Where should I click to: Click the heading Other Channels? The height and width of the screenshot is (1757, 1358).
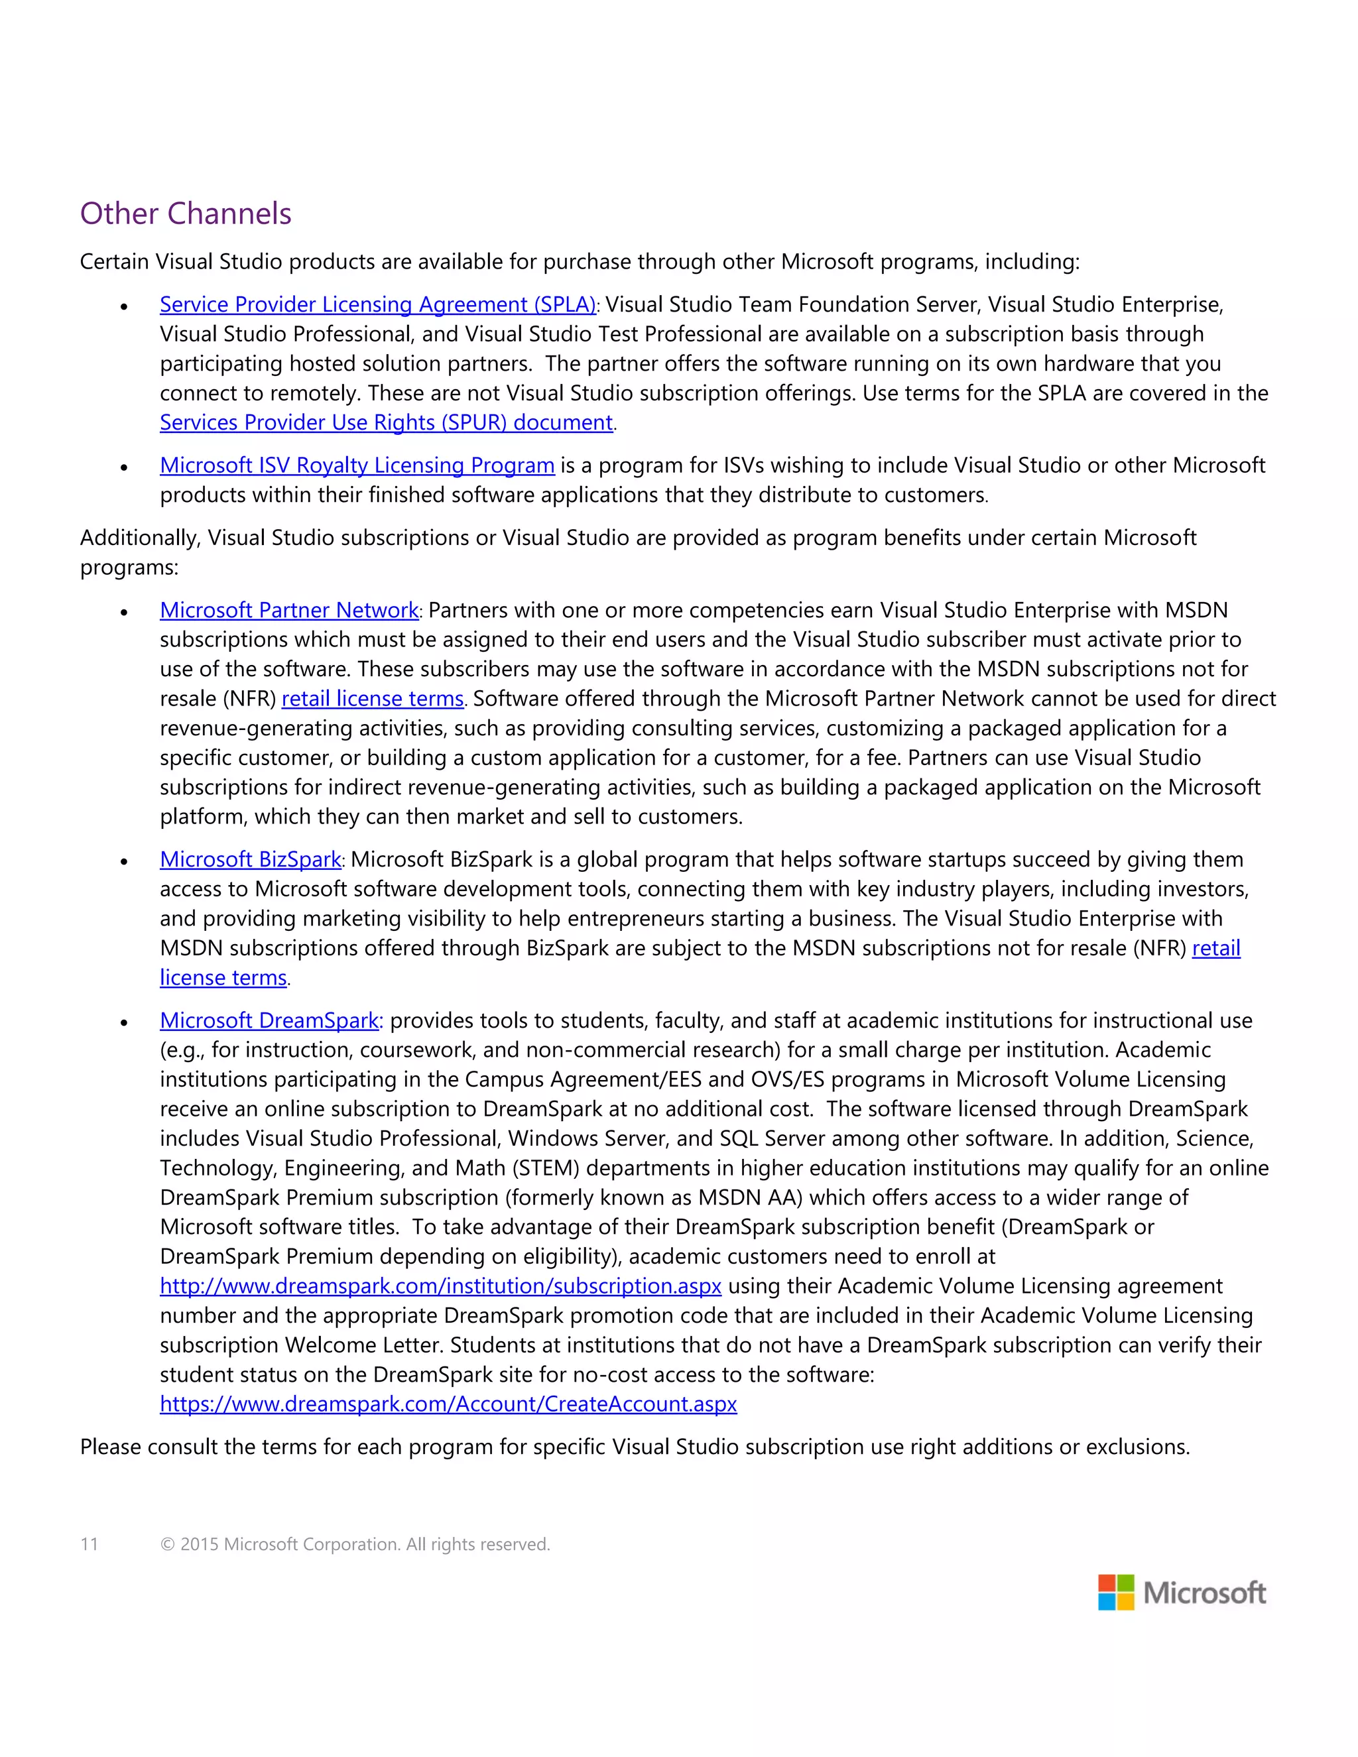186,214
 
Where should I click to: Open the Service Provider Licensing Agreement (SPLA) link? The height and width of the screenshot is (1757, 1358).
377,305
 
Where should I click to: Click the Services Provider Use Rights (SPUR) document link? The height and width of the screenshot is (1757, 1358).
386,423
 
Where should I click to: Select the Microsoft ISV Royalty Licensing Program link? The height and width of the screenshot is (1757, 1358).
357,466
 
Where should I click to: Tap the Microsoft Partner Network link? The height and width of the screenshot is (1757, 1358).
289,611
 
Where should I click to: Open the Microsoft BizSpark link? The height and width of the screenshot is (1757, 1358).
250,860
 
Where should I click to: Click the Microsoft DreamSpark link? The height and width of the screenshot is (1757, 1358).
269,1021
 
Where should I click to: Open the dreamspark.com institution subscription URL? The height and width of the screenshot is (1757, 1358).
440,1286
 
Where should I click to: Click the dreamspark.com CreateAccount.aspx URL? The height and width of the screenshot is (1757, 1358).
448,1405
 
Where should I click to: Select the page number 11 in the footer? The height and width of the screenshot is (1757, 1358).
90,1545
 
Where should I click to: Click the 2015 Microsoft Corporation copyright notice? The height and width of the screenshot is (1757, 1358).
355,1545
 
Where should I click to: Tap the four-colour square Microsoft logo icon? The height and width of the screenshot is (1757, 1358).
1116,1593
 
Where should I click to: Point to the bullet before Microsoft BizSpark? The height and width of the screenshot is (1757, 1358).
124,862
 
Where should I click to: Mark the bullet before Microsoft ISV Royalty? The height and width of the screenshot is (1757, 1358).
124,467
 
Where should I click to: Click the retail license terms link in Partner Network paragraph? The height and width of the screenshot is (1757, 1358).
373,699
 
